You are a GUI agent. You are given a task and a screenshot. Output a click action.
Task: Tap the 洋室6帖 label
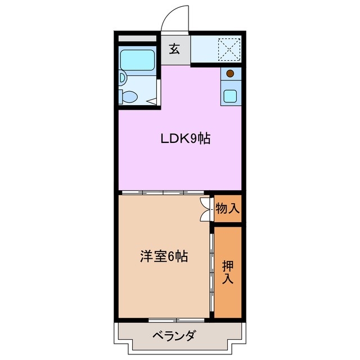point(164,257)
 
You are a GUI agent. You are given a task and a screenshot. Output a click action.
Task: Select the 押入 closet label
point(228,272)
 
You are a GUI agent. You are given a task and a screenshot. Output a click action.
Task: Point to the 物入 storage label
point(228,209)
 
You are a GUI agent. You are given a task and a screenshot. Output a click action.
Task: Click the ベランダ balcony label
point(174,336)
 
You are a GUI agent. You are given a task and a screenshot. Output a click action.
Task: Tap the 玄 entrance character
point(174,49)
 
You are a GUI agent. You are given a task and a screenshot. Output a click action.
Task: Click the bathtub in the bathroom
point(138,59)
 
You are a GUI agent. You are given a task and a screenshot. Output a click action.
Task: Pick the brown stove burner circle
point(229,73)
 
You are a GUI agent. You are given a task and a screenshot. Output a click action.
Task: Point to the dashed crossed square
point(229,48)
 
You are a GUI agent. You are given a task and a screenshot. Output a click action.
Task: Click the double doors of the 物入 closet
point(205,209)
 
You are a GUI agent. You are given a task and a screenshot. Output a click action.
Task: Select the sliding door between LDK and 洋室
point(164,192)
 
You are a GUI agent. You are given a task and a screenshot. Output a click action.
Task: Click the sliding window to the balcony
point(169,319)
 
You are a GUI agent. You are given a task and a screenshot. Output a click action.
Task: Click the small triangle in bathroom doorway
point(152,102)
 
